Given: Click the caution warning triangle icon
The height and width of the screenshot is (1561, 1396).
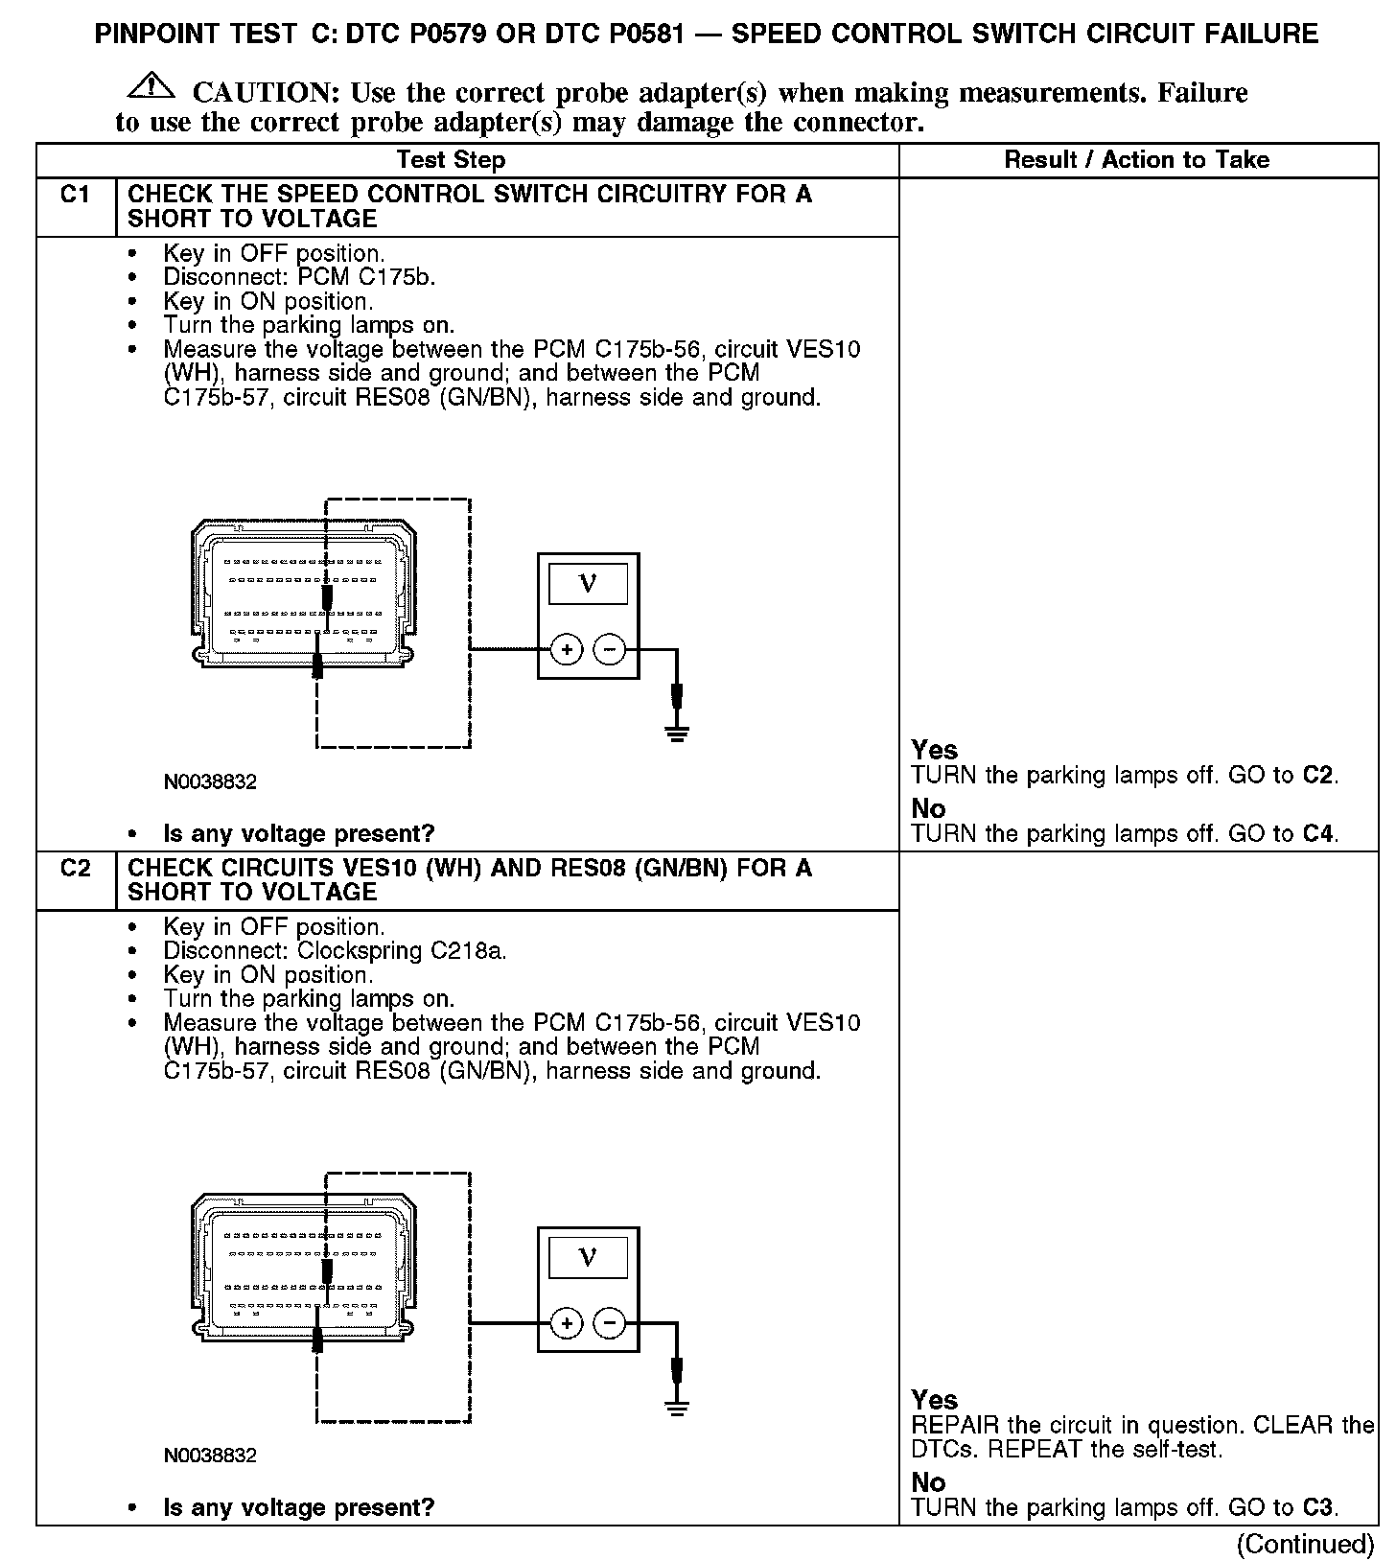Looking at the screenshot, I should pyautogui.click(x=151, y=87).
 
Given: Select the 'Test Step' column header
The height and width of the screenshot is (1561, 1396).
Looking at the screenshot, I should pyautogui.click(x=451, y=160).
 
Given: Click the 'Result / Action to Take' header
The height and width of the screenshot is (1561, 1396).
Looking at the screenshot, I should pyautogui.click(x=1136, y=160).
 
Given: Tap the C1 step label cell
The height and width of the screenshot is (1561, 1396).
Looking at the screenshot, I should pyautogui.click(x=75, y=195).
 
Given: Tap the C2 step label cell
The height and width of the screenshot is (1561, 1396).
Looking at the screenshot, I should pyautogui.click(x=75, y=869).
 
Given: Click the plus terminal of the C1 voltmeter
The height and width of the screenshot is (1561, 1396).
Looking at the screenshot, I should pyautogui.click(x=567, y=650).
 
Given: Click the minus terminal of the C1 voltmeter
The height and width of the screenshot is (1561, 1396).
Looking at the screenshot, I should pyautogui.click(x=610, y=650).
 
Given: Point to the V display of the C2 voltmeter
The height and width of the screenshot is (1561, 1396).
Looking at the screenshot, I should pyautogui.click(x=588, y=1257).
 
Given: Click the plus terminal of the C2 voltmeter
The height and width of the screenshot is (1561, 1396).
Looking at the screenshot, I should pyautogui.click(x=567, y=1324).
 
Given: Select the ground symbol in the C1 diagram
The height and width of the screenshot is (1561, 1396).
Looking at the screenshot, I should pyautogui.click(x=677, y=735).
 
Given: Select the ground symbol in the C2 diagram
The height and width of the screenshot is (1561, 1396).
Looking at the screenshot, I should pyautogui.click(x=677, y=1409).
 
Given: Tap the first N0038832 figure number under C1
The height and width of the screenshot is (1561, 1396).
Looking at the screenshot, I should pyautogui.click(x=210, y=782).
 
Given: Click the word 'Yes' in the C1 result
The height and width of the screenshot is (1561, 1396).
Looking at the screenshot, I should pyautogui.click(x=934, y=750).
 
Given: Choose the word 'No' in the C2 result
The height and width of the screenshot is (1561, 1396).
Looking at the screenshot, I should pyautogui.click(x=928, y=1482).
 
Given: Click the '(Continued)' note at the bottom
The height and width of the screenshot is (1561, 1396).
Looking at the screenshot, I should pyautogui.click(x=1305, y=1544).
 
